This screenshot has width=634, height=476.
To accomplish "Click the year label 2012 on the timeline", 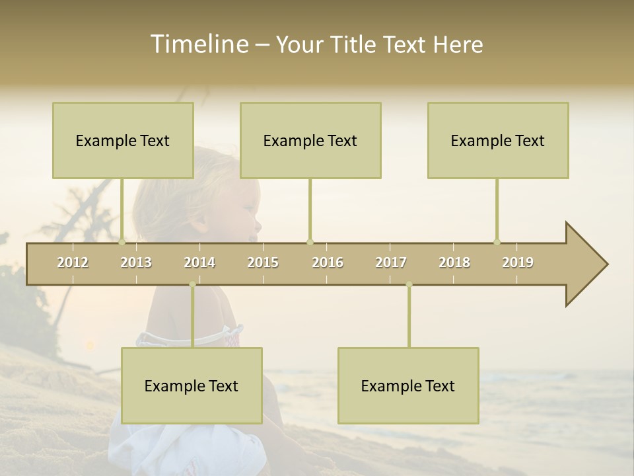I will click(73, 262).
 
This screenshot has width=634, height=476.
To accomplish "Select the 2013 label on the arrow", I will click(136, 262).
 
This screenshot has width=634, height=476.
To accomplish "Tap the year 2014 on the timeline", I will click(199, 262).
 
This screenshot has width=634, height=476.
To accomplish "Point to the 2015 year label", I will click(263, 262).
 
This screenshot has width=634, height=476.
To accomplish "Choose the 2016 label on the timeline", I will click(328, 262).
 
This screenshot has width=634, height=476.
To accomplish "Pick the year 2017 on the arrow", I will click(391, 262).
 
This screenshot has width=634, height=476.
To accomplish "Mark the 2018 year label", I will click(454, 262).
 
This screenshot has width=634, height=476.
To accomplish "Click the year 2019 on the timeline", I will click(518, 262).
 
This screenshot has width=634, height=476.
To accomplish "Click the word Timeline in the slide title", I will click(199, 44).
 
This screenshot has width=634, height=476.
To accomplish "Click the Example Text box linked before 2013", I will click(123, 140).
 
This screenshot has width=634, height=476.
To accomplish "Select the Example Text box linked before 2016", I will click(310, 140).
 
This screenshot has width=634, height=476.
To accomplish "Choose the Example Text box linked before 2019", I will click(498, 140).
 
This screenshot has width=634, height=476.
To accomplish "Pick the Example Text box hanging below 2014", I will click(192, 385).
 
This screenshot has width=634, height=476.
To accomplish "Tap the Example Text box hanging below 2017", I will click(408, 385).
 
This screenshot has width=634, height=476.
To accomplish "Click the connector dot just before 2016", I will click(310, 242).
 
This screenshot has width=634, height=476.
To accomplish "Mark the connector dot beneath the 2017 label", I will click(409, 284).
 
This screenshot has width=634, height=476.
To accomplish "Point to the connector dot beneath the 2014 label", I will click(192, 284).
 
